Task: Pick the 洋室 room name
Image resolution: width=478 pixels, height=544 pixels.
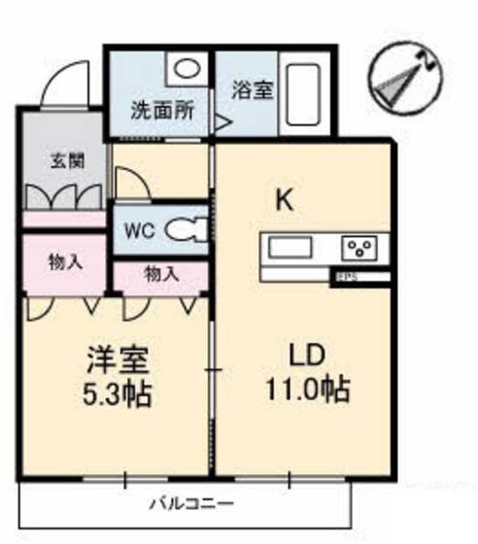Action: pyautogui.click(x=118, y=359)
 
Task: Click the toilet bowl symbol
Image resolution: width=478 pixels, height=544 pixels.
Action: pyautogui.click(x=181, y=230)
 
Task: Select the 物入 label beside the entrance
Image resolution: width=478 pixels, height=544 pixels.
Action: pyautogui.click(x=65, y=261)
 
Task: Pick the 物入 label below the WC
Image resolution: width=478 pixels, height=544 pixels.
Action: pyautogui.click(x=161, y=275)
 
